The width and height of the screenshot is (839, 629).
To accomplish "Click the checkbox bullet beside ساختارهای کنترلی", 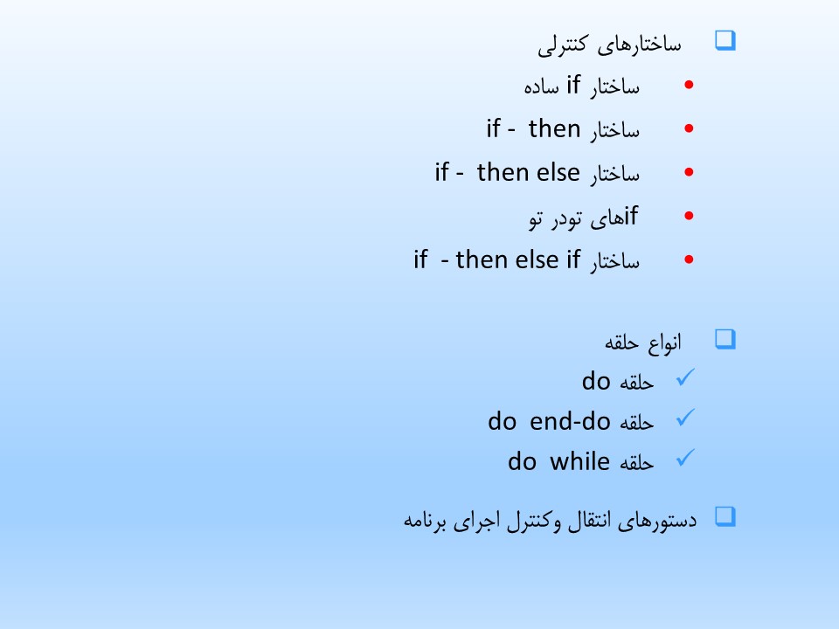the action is (725, 41).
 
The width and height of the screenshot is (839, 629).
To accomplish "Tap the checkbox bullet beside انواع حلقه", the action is (725, 340).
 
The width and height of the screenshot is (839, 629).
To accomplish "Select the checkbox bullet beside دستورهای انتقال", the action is (725, 517).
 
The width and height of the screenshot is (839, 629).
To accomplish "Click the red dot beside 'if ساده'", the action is (689, 85).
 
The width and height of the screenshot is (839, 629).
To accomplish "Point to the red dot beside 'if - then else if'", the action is (689, 259).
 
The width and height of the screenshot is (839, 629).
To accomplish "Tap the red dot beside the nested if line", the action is (689, 216).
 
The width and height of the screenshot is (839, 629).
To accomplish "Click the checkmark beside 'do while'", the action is (685, 458).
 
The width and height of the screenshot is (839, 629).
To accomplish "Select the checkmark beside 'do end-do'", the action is (685, 418).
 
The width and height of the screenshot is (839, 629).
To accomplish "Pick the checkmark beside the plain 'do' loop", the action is (685, 377).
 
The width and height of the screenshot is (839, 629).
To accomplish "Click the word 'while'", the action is (579, 461).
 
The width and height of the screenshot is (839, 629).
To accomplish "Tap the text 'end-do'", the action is (570, 421).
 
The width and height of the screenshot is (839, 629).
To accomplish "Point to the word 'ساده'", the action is (542, 86).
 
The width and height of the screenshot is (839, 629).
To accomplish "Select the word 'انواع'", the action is (664, 342).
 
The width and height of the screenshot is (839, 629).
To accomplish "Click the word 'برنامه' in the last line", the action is (425, 521).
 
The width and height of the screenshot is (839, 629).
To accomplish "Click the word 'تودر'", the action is (566, 218).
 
